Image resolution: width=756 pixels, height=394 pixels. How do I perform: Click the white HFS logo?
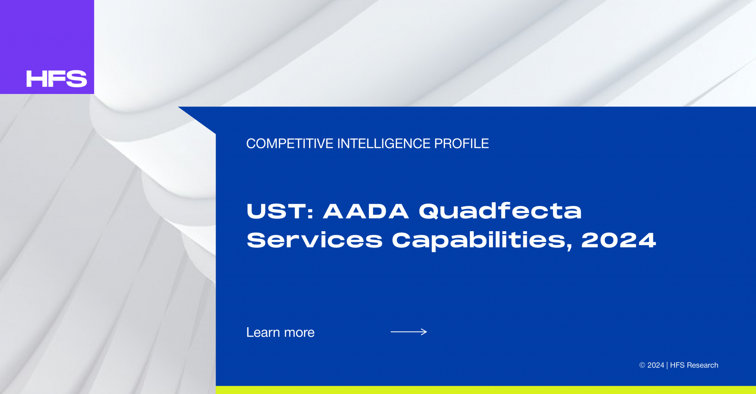57,79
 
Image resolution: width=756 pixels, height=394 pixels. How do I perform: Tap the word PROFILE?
461,144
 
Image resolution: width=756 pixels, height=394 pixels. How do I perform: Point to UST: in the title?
280,211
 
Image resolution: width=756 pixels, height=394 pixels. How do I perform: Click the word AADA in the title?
366,211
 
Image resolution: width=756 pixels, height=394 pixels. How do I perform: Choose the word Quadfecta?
500,211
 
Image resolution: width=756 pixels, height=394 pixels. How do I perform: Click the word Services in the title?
315,240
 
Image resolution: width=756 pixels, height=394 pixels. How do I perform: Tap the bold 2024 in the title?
619,240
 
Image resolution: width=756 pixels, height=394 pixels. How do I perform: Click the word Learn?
263,332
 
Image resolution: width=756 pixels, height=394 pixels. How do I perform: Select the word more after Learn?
299,333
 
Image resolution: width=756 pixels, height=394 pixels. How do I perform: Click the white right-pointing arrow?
409,332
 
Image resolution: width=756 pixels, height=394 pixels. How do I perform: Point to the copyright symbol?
642,365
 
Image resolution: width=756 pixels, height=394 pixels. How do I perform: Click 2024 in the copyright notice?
656,365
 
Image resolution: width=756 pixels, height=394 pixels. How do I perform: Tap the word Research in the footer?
702,365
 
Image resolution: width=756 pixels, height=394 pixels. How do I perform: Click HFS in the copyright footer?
677,365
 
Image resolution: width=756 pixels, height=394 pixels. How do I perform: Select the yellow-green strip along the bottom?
486,390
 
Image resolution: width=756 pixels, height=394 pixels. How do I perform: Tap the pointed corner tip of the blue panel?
178,107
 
